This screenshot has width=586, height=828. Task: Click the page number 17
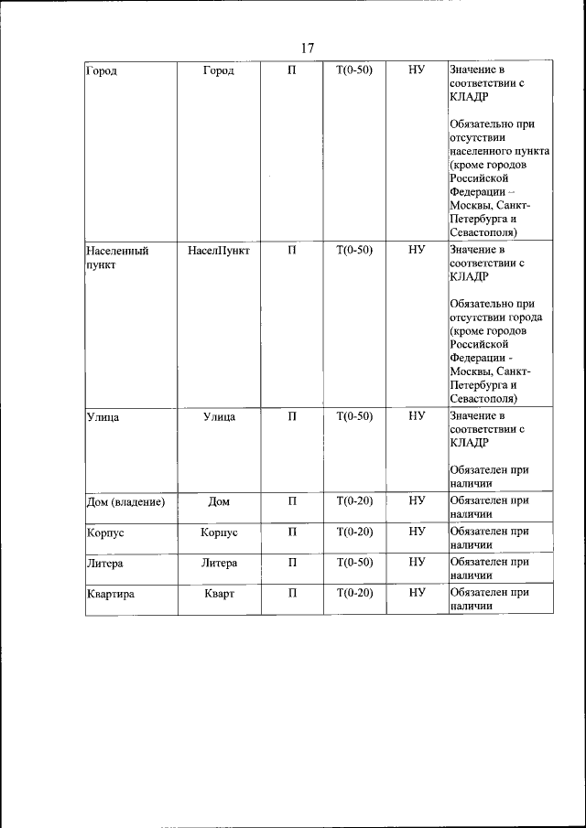[307, 48]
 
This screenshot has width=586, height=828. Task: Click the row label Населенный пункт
[116, 256]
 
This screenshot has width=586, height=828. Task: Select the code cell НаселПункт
[219, 249]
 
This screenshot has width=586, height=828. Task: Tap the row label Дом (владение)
[125, 500]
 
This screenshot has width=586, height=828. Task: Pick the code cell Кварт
[219, 594]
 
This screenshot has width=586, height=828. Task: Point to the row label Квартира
[110, 594]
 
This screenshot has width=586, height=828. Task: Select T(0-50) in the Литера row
[354, 563]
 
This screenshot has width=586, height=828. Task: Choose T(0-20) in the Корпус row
[354, 532]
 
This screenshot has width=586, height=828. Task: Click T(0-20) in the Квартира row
[354, 594]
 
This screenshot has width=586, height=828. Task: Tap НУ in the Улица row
[417, 416]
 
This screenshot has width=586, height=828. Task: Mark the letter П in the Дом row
[292, 500]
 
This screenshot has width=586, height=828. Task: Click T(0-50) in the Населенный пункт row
[354, 249]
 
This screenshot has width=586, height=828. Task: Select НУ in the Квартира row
[417, 594]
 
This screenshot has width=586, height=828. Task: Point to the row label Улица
[103, 416]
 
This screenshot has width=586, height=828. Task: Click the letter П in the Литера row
[292, 563]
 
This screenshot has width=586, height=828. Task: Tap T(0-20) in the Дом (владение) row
[354, 500]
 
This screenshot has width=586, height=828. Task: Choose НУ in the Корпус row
[417, 532]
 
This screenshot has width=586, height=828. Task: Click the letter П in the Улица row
[292, 416]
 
